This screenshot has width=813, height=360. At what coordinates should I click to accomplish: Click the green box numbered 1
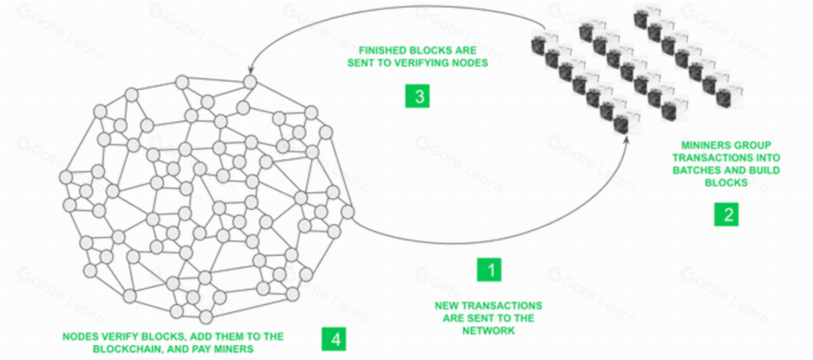[x=489, y=270]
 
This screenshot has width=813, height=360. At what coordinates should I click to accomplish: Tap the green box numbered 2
[x=726, y=214]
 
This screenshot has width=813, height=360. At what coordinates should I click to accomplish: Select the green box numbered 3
[x=417, y=96]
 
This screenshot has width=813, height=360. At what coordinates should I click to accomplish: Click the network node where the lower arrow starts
[x=347, y=212]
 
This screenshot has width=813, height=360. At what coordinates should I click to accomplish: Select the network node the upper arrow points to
[x=249, y=81]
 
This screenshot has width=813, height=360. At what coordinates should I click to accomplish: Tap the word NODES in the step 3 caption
[x=470, y=63]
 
